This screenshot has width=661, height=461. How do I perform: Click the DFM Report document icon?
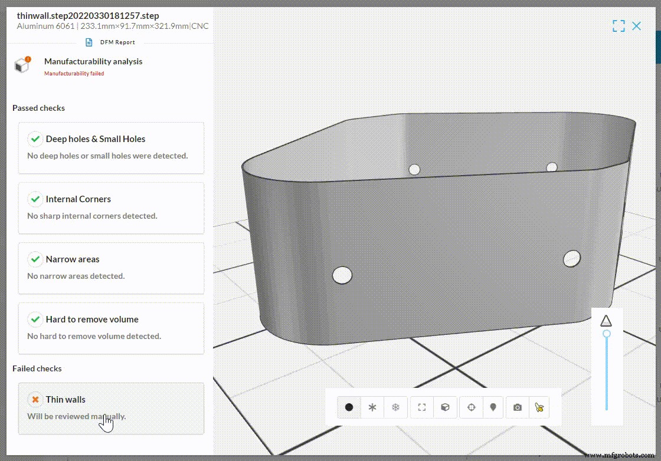point(89,42)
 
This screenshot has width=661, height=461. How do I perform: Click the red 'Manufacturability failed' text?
point(74,74)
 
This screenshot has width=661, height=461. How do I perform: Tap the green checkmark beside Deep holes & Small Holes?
point(35,139)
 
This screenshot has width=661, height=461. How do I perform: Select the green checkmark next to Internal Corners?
point(35,199)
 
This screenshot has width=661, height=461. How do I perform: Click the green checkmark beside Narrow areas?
point(35,259)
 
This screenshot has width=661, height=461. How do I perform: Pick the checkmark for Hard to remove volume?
point(35,320)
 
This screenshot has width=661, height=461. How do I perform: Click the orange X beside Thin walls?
point(35,400)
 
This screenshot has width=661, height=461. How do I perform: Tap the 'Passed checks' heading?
point(38,108)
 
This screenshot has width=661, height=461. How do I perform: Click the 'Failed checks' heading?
point(37,369)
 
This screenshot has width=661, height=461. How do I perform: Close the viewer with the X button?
point(636,26)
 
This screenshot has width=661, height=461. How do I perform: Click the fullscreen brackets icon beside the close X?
point(619,26)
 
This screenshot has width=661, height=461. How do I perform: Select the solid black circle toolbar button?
point(349,407)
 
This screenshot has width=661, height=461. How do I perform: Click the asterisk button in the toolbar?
point(372,407)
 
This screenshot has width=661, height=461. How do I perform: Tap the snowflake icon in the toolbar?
point(396,407)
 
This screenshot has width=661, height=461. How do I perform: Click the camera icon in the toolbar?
point(518,407)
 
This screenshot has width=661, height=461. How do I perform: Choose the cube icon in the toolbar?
point(446,407)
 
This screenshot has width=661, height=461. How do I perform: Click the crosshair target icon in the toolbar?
point(471,407)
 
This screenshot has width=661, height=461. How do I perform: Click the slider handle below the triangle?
point(606,334)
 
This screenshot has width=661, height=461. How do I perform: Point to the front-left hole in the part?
point(342,275)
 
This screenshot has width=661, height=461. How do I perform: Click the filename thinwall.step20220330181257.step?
point(88,16)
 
